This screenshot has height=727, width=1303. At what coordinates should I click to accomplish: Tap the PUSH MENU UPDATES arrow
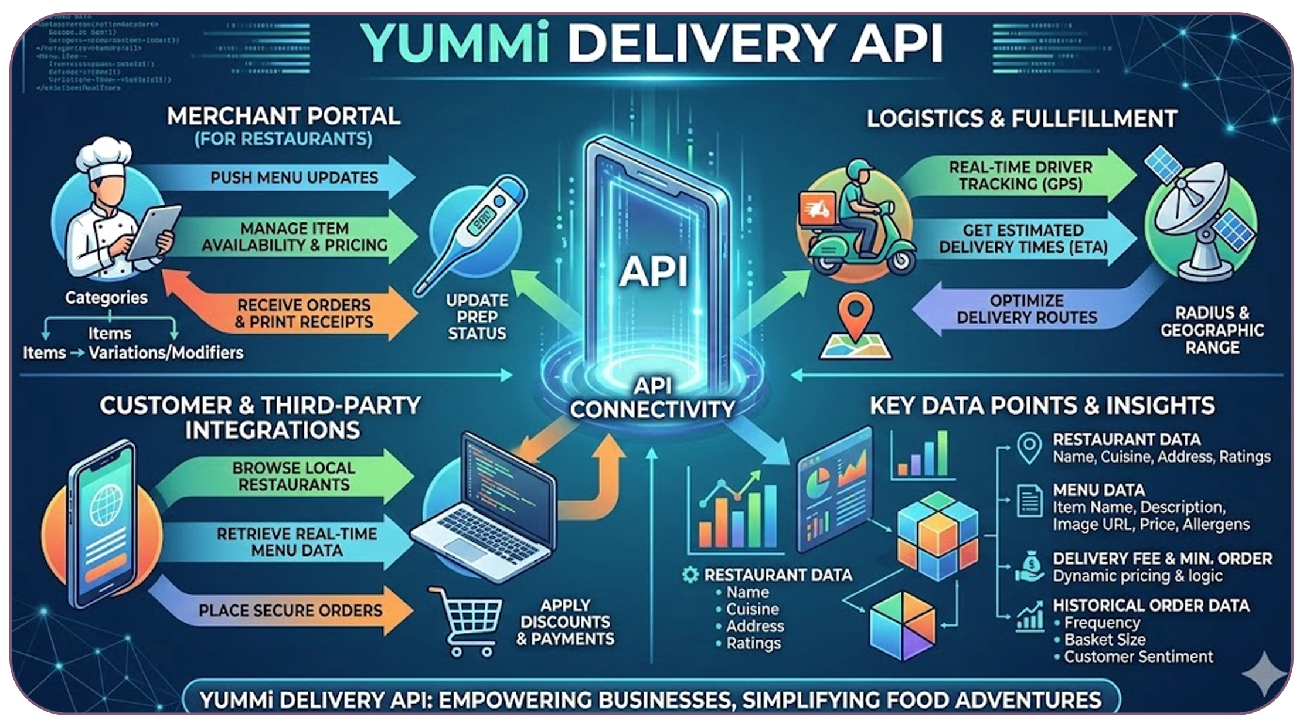293,177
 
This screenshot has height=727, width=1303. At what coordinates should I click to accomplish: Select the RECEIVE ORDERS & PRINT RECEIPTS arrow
303,313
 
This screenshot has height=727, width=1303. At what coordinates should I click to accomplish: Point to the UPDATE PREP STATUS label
477,317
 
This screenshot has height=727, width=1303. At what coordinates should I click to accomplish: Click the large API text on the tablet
654,271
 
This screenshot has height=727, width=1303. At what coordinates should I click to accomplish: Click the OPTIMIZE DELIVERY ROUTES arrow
1026,309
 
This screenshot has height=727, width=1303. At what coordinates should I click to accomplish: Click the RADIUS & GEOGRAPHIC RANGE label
1212,330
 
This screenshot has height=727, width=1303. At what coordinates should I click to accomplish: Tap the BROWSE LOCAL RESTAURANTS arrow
293,476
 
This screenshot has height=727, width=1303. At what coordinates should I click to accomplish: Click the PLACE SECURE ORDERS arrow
290,610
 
